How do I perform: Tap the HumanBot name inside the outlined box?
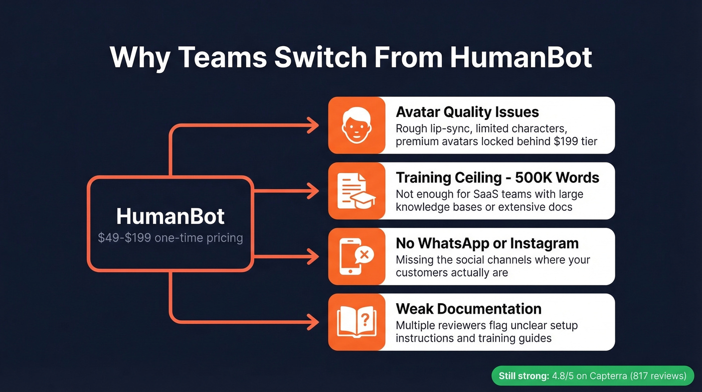170,216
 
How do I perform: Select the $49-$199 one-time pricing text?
170,238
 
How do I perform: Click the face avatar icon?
357,125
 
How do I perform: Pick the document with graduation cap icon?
357,191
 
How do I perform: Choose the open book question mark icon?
357,322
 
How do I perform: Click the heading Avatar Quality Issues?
467,112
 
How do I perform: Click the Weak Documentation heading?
468,309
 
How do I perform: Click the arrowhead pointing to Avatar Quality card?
314,125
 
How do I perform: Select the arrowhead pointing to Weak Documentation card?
314,322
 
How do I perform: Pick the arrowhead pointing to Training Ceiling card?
314,191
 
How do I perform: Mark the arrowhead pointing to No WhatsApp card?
314,256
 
